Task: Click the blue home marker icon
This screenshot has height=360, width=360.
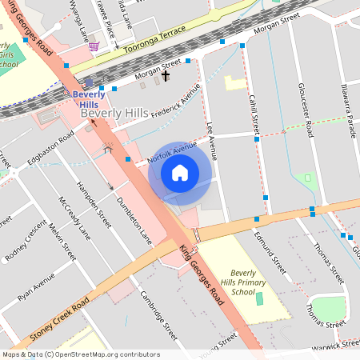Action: point(180,172)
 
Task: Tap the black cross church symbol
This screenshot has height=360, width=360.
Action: point(166,76)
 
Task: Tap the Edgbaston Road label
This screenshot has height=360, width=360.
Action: point(50,150)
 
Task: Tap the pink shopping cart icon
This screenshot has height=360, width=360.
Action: point(94,46)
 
